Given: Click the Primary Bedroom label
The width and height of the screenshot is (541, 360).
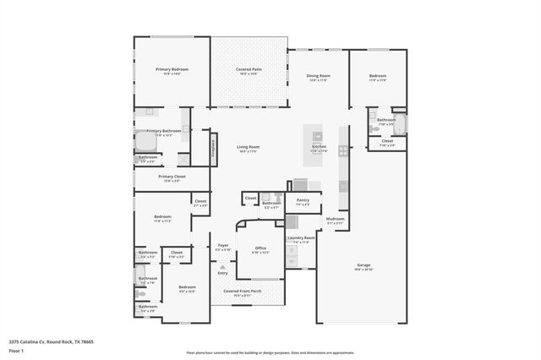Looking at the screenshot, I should (172, 69).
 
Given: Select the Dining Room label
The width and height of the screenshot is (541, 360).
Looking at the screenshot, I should (318, 76).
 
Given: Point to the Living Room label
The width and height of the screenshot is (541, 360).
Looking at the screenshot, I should (248, 147).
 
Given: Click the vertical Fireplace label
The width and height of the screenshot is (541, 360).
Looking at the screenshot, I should (213, 147).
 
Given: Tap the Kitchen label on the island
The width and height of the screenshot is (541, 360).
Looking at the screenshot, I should (319, 147).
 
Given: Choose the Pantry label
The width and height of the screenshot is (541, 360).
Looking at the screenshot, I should (303, 200).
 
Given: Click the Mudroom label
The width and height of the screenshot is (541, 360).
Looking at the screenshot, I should (336, 219).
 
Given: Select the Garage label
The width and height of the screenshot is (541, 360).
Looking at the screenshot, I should (363, 265).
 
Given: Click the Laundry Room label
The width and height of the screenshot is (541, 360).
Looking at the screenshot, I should (301, 238).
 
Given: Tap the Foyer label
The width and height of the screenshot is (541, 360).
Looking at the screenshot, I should (223, 246).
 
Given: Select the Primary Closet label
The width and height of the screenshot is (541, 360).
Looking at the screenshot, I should (172, 177).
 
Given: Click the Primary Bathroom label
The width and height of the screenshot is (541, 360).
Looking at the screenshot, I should (165, 131).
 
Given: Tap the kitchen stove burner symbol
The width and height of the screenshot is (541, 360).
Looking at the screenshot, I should (342, 151).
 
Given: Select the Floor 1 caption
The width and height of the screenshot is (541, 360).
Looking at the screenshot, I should (15, 350).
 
